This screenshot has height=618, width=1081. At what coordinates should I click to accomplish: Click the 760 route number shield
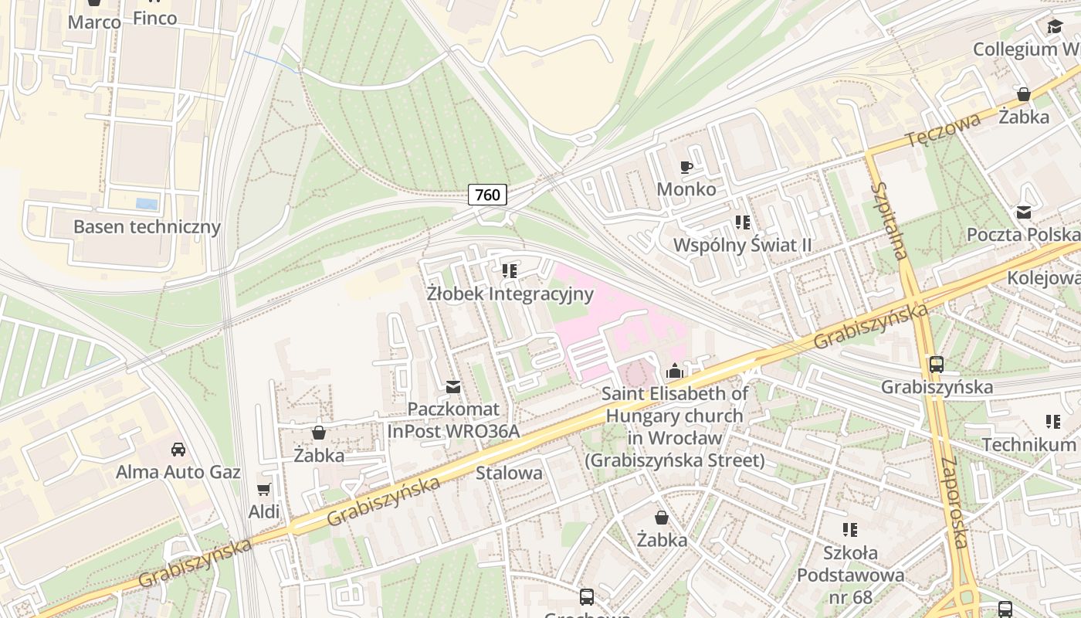487,195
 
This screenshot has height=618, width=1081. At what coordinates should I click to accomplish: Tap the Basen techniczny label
147,227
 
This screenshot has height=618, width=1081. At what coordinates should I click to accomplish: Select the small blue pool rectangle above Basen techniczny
147,204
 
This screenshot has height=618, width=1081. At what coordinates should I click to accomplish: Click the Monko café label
686,189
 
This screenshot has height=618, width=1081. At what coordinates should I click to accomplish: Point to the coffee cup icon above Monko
686,167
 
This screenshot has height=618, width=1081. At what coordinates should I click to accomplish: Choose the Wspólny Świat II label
742,245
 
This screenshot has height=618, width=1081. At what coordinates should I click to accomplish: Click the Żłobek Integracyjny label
510,294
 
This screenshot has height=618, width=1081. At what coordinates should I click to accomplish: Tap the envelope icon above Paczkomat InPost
453,386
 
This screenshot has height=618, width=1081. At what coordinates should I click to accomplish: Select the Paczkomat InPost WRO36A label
453,420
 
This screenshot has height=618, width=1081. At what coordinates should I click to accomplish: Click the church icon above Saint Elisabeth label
675,371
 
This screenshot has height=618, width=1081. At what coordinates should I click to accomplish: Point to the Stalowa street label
509,473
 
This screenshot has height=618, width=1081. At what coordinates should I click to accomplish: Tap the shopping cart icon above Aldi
264,489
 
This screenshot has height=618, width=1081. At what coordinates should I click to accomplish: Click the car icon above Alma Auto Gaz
178,449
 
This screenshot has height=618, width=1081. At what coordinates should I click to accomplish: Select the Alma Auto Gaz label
178,472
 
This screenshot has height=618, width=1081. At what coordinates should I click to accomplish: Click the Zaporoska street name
954,502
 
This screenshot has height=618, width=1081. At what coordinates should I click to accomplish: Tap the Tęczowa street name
943,130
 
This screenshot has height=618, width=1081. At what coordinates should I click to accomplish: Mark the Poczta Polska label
1022,234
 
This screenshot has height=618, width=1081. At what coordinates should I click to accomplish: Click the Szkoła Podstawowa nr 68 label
850,575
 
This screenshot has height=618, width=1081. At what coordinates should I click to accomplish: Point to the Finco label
154,18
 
